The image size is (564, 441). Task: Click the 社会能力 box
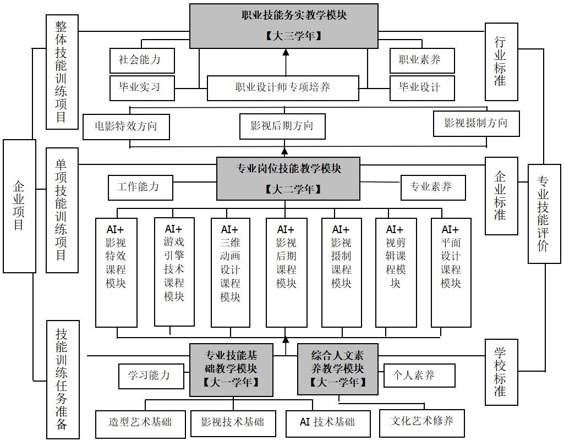pyautogui.click(x=142, y=60)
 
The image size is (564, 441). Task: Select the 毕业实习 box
pyautogui.click(x=142, y=87)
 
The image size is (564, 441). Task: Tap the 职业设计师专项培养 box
pyautogui.click(x=283, y=88)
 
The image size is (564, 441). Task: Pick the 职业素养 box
pyautogui.click(x=422, y=60)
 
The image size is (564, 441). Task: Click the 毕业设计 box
pyautogui.click(x=422, y=87)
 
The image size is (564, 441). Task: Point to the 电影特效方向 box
pyautogui.click(x=126, y=126)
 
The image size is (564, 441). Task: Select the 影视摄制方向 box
pyautogui.click(x=476, y=124)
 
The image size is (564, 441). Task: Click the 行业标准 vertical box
pyautogui.click(x=501, y=62)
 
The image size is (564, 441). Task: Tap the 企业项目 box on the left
pyautogui.click(x=19, y=206)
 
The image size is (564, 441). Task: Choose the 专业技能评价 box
pyautogui.click(x=544, y=214)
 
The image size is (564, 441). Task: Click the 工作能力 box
pyautogui.click(x=140, y=188)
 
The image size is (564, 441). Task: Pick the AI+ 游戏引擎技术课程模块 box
pyautogui.click(x=174, y=272)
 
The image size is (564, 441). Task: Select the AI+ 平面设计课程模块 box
pyautogui.click(x=451, y=272)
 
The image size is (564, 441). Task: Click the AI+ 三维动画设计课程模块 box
pyautogui.click(x=230, y=272)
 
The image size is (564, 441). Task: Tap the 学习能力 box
pyautogui.click(x=151, y=376)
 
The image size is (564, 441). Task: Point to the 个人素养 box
pyautogui.click(x=419, y=375)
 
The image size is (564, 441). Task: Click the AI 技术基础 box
pyautogui.click(x=328, y=423)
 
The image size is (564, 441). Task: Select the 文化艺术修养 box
pyautogui.click(x=422, y=422)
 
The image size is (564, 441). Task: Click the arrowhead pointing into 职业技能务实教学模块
pyautogui.click(x=286, y=52)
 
